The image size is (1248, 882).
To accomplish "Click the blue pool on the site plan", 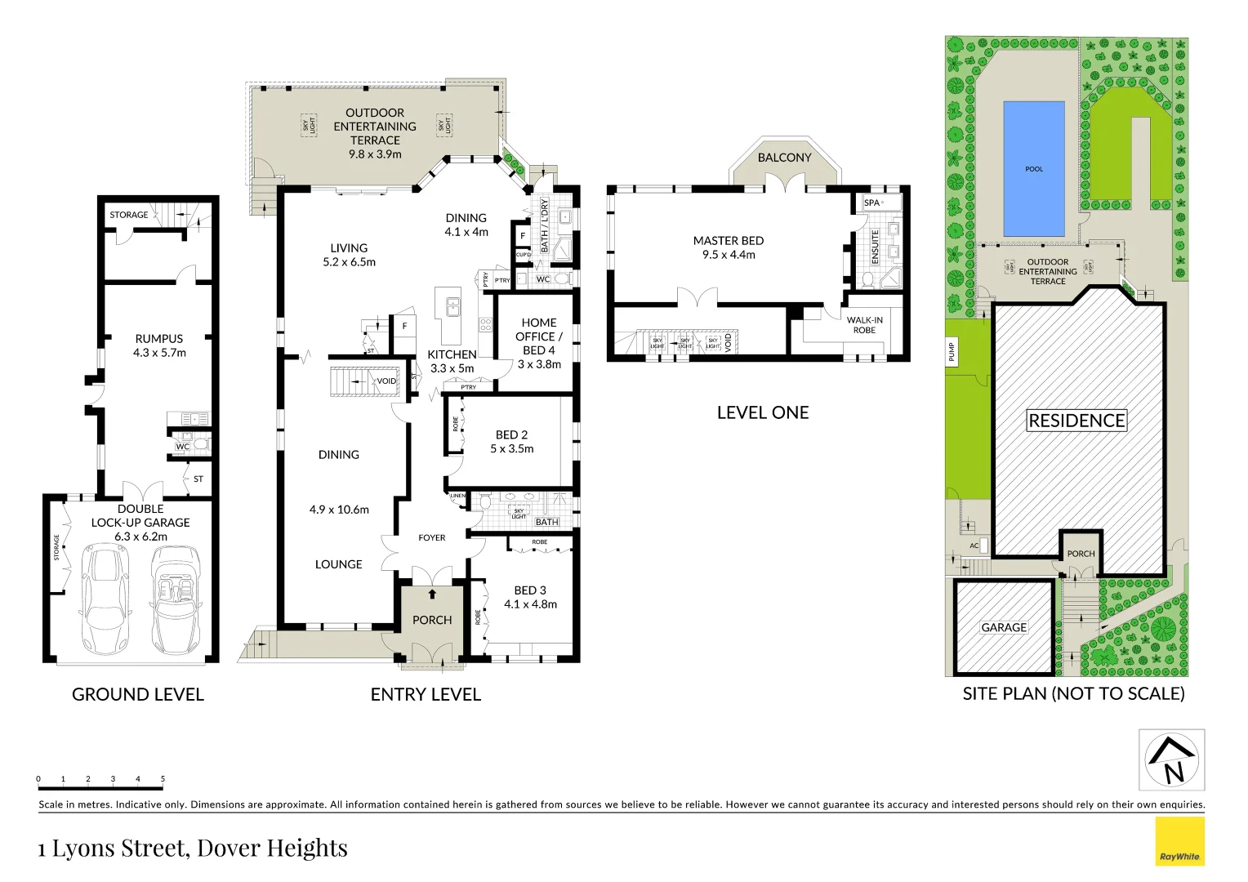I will click(x=1033, y=168).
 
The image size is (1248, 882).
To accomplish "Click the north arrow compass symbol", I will click(x=1172, y=760).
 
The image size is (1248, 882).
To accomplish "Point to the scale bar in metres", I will click(x=100, y=786).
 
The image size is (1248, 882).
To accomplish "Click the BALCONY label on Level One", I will click(x=784, y=158).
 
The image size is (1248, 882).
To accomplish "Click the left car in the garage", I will click(x=106, y=598).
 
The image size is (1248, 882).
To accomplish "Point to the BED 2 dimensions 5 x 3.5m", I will click(x=512, y=448).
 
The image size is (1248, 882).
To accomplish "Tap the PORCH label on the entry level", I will click(x=432, y=620).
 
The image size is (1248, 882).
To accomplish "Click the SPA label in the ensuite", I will click(x=872, y=203).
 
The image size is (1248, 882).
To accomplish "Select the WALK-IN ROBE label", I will click(x=864, y=325).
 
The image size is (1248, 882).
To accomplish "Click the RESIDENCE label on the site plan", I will click(x=1076, y=421).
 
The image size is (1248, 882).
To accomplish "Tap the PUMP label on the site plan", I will click(x=952, y=352).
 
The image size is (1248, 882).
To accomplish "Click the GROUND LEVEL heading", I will click(x=138, y=694).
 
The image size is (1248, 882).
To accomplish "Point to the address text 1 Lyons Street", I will click(x=193, y=848).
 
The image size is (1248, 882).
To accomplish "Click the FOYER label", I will click(x=432, y=537).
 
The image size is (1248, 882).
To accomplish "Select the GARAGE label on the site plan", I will click(x=1004, y=627).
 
